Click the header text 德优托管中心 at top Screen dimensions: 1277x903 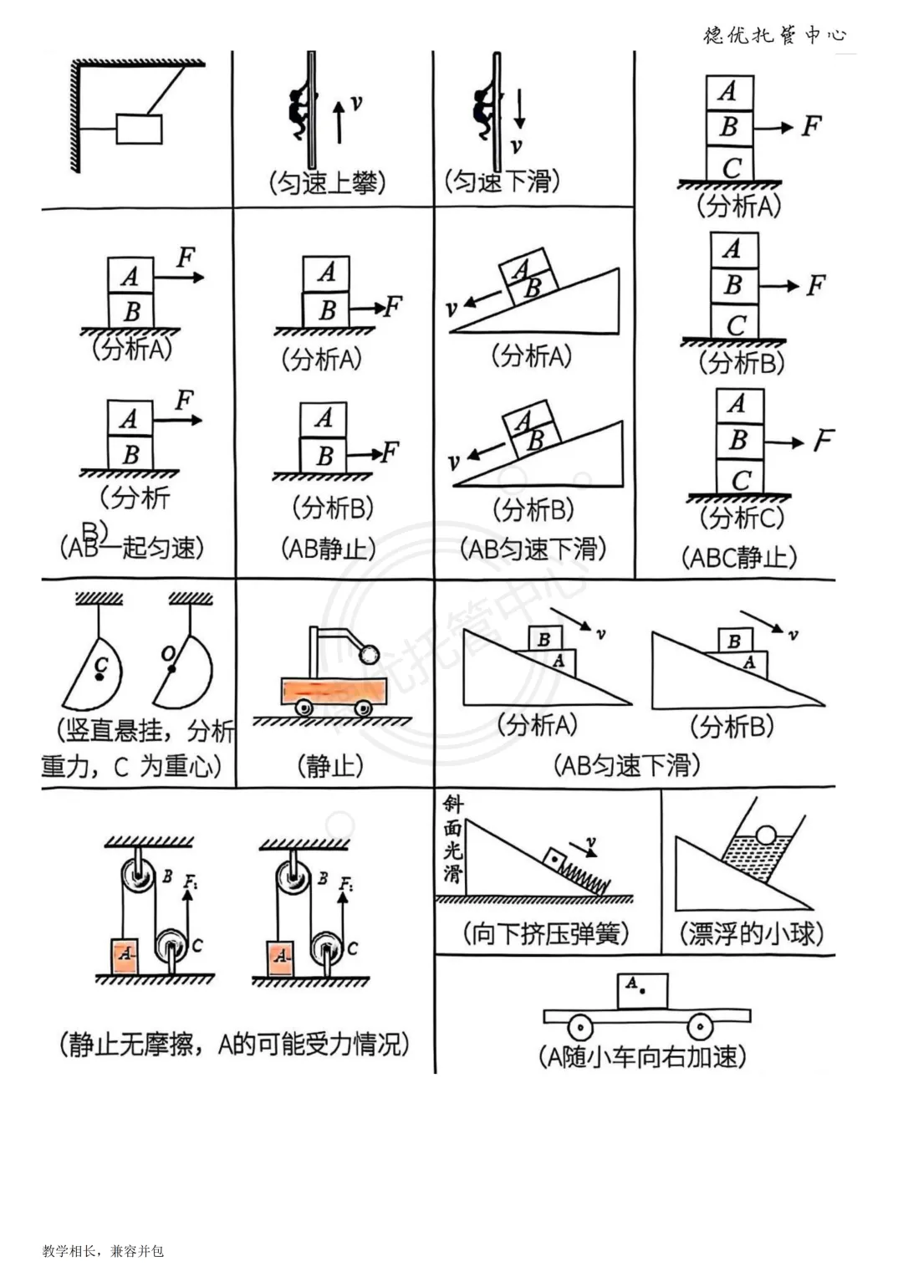click(x=775, y=35)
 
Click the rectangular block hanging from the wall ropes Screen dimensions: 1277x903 click(x=139, y=129)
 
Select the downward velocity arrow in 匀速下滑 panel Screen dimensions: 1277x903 click(x=519, y=109)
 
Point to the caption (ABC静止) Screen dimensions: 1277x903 click(x=739, y=557)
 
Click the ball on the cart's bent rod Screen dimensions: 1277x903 click(x=368, y=653)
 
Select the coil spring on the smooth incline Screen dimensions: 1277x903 click(x=585, y=876)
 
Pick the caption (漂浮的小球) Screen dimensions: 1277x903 click(x=751, y=933)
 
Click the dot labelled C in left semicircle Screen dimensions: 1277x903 click(x=99, y=676)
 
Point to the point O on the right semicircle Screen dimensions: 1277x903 click(x=171, y=668)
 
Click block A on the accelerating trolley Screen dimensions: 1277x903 click(x=642, y=989)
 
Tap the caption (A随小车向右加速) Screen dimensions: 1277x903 click(x=642, y=1057)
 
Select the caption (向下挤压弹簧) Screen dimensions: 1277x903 click(x=546, y=933)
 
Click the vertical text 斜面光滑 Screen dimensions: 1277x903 click(x=452, y=840)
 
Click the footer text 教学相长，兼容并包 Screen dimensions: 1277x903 click(x=103, y=1251)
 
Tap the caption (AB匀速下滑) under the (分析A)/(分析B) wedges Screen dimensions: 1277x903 click(x=626, y=764)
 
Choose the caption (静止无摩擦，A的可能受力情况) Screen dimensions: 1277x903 click(x=234, y=1044)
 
